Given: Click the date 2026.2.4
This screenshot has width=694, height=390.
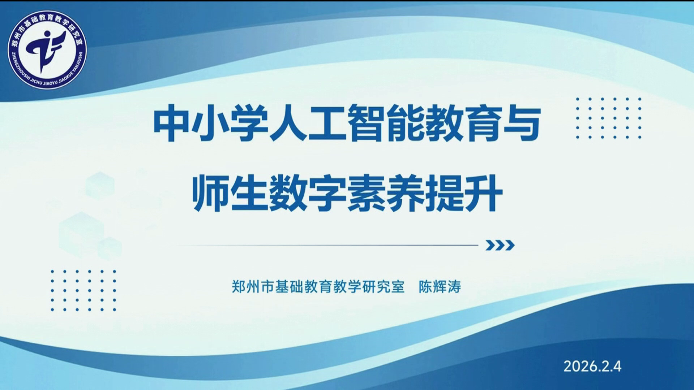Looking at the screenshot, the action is coord(592,366).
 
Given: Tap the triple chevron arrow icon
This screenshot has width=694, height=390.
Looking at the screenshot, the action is coord(500,245).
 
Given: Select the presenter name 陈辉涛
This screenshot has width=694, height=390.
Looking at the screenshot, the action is coord(440,287).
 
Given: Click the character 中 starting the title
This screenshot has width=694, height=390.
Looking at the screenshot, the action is coord(172,123).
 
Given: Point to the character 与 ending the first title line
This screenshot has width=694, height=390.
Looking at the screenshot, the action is coord(522,123).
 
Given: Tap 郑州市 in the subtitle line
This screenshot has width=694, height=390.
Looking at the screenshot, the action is coord(253,287).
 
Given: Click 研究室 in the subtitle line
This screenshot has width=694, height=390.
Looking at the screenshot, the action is coord(383,287).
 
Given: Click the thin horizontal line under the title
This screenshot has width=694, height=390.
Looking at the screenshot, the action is coord(325,245).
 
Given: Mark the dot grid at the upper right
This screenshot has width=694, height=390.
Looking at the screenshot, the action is coord(609,118).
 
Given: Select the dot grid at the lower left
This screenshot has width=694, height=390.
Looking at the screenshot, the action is coord(83,290).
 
